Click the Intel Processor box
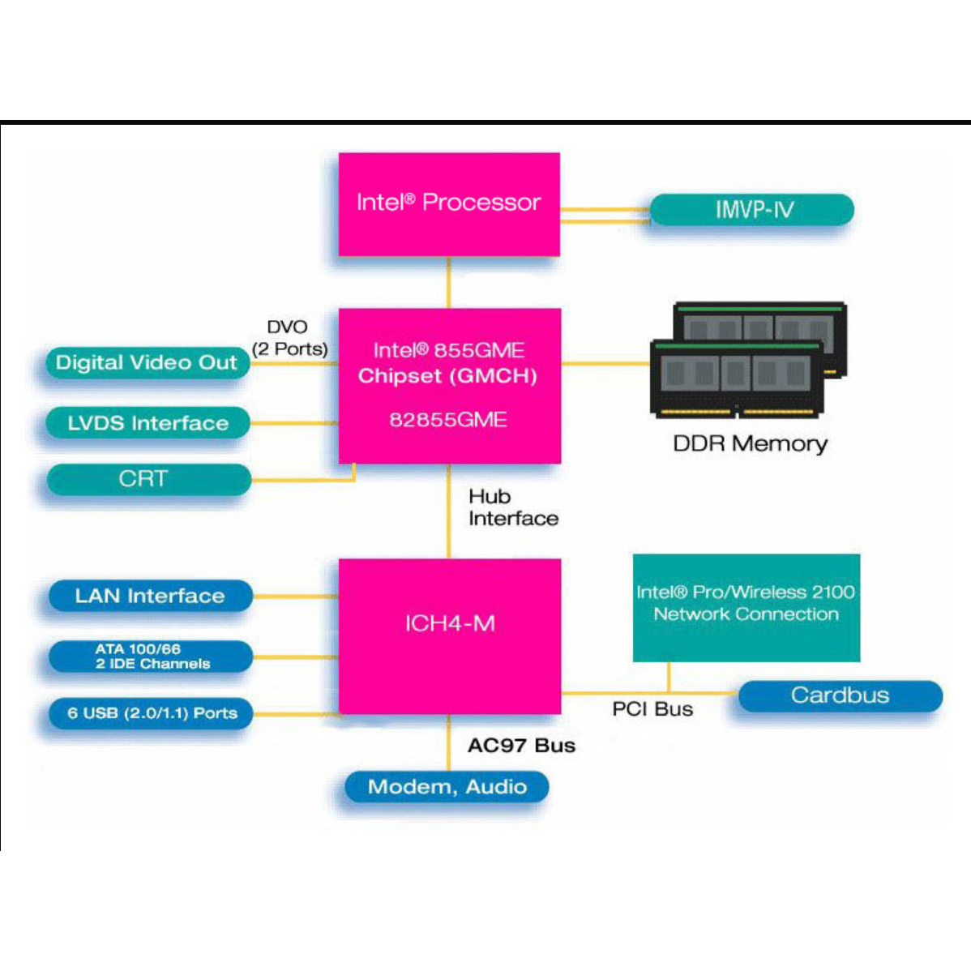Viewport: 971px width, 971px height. pos(449,203)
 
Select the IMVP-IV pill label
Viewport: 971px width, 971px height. pos(752,210)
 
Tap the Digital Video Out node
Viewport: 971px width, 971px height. pos(147,362)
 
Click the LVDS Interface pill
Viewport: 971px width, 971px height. pos(148,423)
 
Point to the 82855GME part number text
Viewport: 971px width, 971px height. pos(448,420)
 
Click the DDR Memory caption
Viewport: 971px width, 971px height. pos(751,443)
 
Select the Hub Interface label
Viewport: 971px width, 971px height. pos(512,507)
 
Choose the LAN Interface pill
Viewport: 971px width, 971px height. pos(150,596)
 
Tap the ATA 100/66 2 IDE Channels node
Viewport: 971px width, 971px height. pos(151,657)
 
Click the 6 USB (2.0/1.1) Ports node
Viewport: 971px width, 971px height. pos(152,713)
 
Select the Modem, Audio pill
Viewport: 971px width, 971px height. pos(447,786)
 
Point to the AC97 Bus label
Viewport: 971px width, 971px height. pos(521,746)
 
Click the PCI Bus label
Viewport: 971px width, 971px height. pos(652,709)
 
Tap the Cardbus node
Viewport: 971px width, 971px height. pos(840,695)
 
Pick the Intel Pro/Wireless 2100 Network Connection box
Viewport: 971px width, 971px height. pos(746,607)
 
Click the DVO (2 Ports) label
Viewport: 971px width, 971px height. pos(289,338)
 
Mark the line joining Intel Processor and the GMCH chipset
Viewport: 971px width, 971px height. pos(449,282)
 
